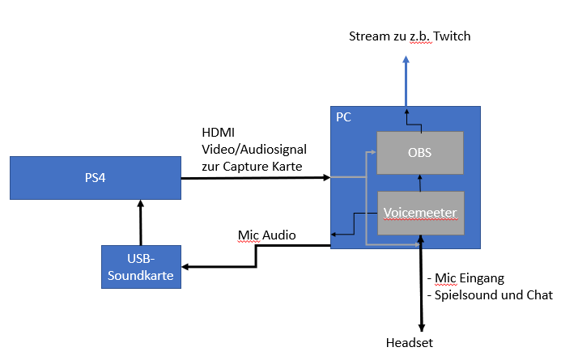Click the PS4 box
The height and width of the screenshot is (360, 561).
[x=95, y=178]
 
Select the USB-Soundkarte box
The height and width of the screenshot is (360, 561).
[x=142, y=266]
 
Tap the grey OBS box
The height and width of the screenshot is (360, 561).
[x=419, y=151]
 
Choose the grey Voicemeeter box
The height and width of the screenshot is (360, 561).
[x=421, y=214]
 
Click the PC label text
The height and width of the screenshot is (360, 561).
[x=343, y=117]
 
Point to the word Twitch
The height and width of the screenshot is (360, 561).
[x=453, y=36]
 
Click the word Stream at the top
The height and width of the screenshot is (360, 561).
[x=368, y=36]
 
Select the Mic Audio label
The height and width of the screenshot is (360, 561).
[x=266, y=235]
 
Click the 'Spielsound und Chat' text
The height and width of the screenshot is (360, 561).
[x=496, y=295]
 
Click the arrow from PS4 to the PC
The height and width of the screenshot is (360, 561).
[x=255, y=176]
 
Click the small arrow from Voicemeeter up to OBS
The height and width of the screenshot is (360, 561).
[x=419, y=184]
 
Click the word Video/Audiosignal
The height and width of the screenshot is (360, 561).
[x=253, y=150]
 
